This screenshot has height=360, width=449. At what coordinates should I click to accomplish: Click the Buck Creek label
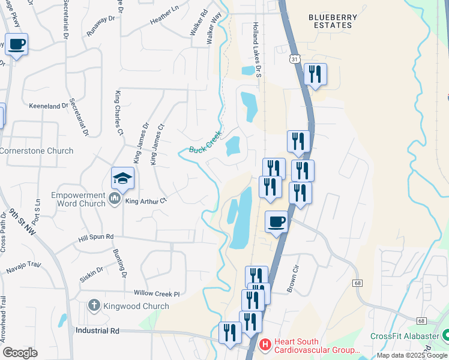[206, 142]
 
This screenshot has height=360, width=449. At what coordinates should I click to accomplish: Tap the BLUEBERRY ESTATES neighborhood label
[330, 22]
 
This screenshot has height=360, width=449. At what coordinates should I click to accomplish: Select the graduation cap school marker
[122, 178]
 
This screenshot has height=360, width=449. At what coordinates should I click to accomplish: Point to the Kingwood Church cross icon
[93, 306]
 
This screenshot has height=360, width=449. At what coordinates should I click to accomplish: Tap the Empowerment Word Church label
[79, 199]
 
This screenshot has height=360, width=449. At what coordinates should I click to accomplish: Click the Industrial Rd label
[98, 331]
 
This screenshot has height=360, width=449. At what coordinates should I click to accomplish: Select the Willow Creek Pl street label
[157, 293]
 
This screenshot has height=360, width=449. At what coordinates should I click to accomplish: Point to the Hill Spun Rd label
[96, 238]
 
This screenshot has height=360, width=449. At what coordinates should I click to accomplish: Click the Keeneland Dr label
[49, 106]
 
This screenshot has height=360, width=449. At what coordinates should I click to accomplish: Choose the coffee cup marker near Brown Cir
[276, 222]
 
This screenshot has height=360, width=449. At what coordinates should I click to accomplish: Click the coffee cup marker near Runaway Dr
[16, 44]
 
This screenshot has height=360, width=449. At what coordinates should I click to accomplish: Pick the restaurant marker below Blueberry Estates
[315, 74]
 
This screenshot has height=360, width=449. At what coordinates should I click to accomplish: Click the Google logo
[20, 353]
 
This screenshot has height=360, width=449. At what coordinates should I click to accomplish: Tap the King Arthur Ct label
[145, 201]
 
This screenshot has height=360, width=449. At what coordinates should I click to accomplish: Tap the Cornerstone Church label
[36, 151]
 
